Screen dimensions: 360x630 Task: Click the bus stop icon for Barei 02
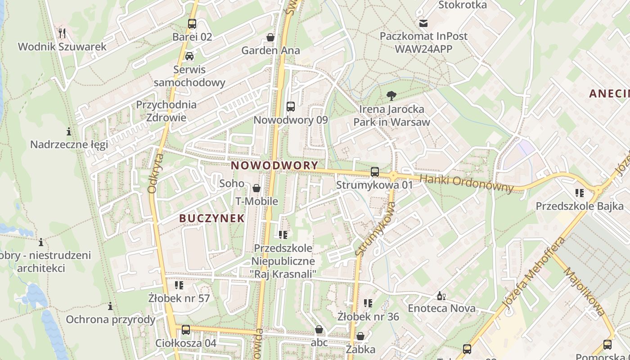(192, 24)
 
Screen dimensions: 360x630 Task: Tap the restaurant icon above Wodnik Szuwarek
(63, 33)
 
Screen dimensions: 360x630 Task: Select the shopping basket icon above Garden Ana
(270, 37)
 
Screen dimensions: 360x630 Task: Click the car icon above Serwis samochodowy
(189, 56)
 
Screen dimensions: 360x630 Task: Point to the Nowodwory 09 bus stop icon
(291, 107)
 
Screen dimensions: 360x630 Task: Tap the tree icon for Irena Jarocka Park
(391, 95)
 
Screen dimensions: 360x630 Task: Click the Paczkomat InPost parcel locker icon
(423, 23)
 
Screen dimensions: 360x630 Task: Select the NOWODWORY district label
(274, 165)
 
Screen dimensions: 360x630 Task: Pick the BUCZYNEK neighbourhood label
(212, 218)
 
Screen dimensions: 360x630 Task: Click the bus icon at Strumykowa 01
(374, 171)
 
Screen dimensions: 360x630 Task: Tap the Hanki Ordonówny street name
(466, 184)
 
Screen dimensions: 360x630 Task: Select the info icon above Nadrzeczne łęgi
(69, 131)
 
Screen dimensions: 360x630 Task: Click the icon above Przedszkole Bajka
(580, 193)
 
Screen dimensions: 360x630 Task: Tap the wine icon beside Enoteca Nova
(441, 296)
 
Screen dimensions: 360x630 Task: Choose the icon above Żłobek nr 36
(368, 303)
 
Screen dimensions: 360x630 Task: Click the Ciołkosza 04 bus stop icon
(186, 330)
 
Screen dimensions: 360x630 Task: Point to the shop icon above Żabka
(360, 336)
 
